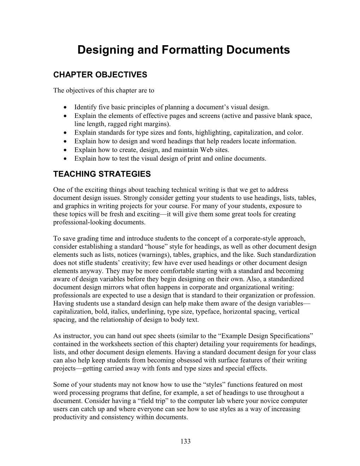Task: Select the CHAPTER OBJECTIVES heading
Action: [x=100, y=75]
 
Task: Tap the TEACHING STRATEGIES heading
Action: [x=102, y=174]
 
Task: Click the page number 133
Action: [x=185, y=441]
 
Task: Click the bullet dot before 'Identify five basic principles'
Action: [x=66, y=107]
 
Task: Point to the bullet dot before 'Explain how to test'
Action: [x=66, y=159]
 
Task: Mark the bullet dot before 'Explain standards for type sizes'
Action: [x=66, y=133]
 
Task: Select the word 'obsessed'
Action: [x=192, y=360]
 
